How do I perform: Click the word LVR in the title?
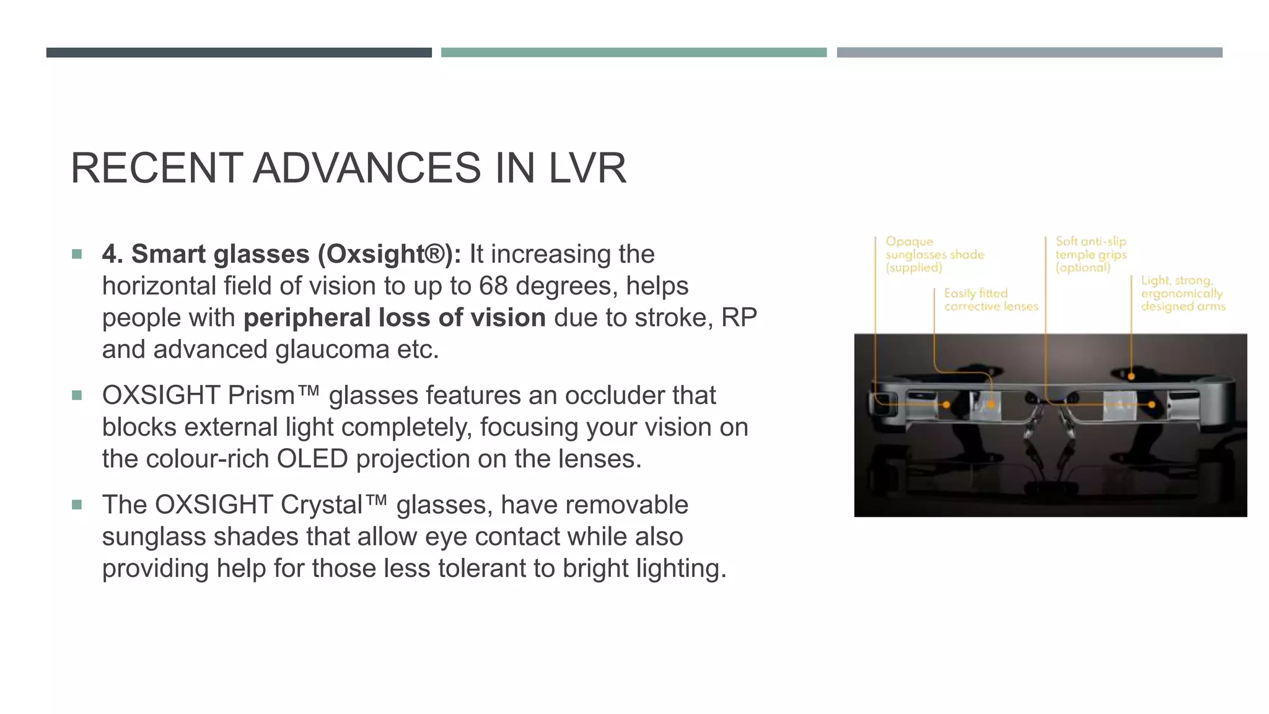point(587,168)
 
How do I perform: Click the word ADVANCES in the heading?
point(367,168)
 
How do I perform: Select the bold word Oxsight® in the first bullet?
point(384,254)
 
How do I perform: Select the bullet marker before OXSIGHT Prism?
point(77,395)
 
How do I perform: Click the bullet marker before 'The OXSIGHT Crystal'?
point(77,505)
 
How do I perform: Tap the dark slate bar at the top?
point(239,53)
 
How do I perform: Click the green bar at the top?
point(633,53)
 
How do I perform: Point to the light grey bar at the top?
point(1029,53)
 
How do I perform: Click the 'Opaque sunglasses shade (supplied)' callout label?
point(934,254)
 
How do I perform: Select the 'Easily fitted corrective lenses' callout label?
point(990,300)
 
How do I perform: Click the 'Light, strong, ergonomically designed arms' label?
point(1182,294)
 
